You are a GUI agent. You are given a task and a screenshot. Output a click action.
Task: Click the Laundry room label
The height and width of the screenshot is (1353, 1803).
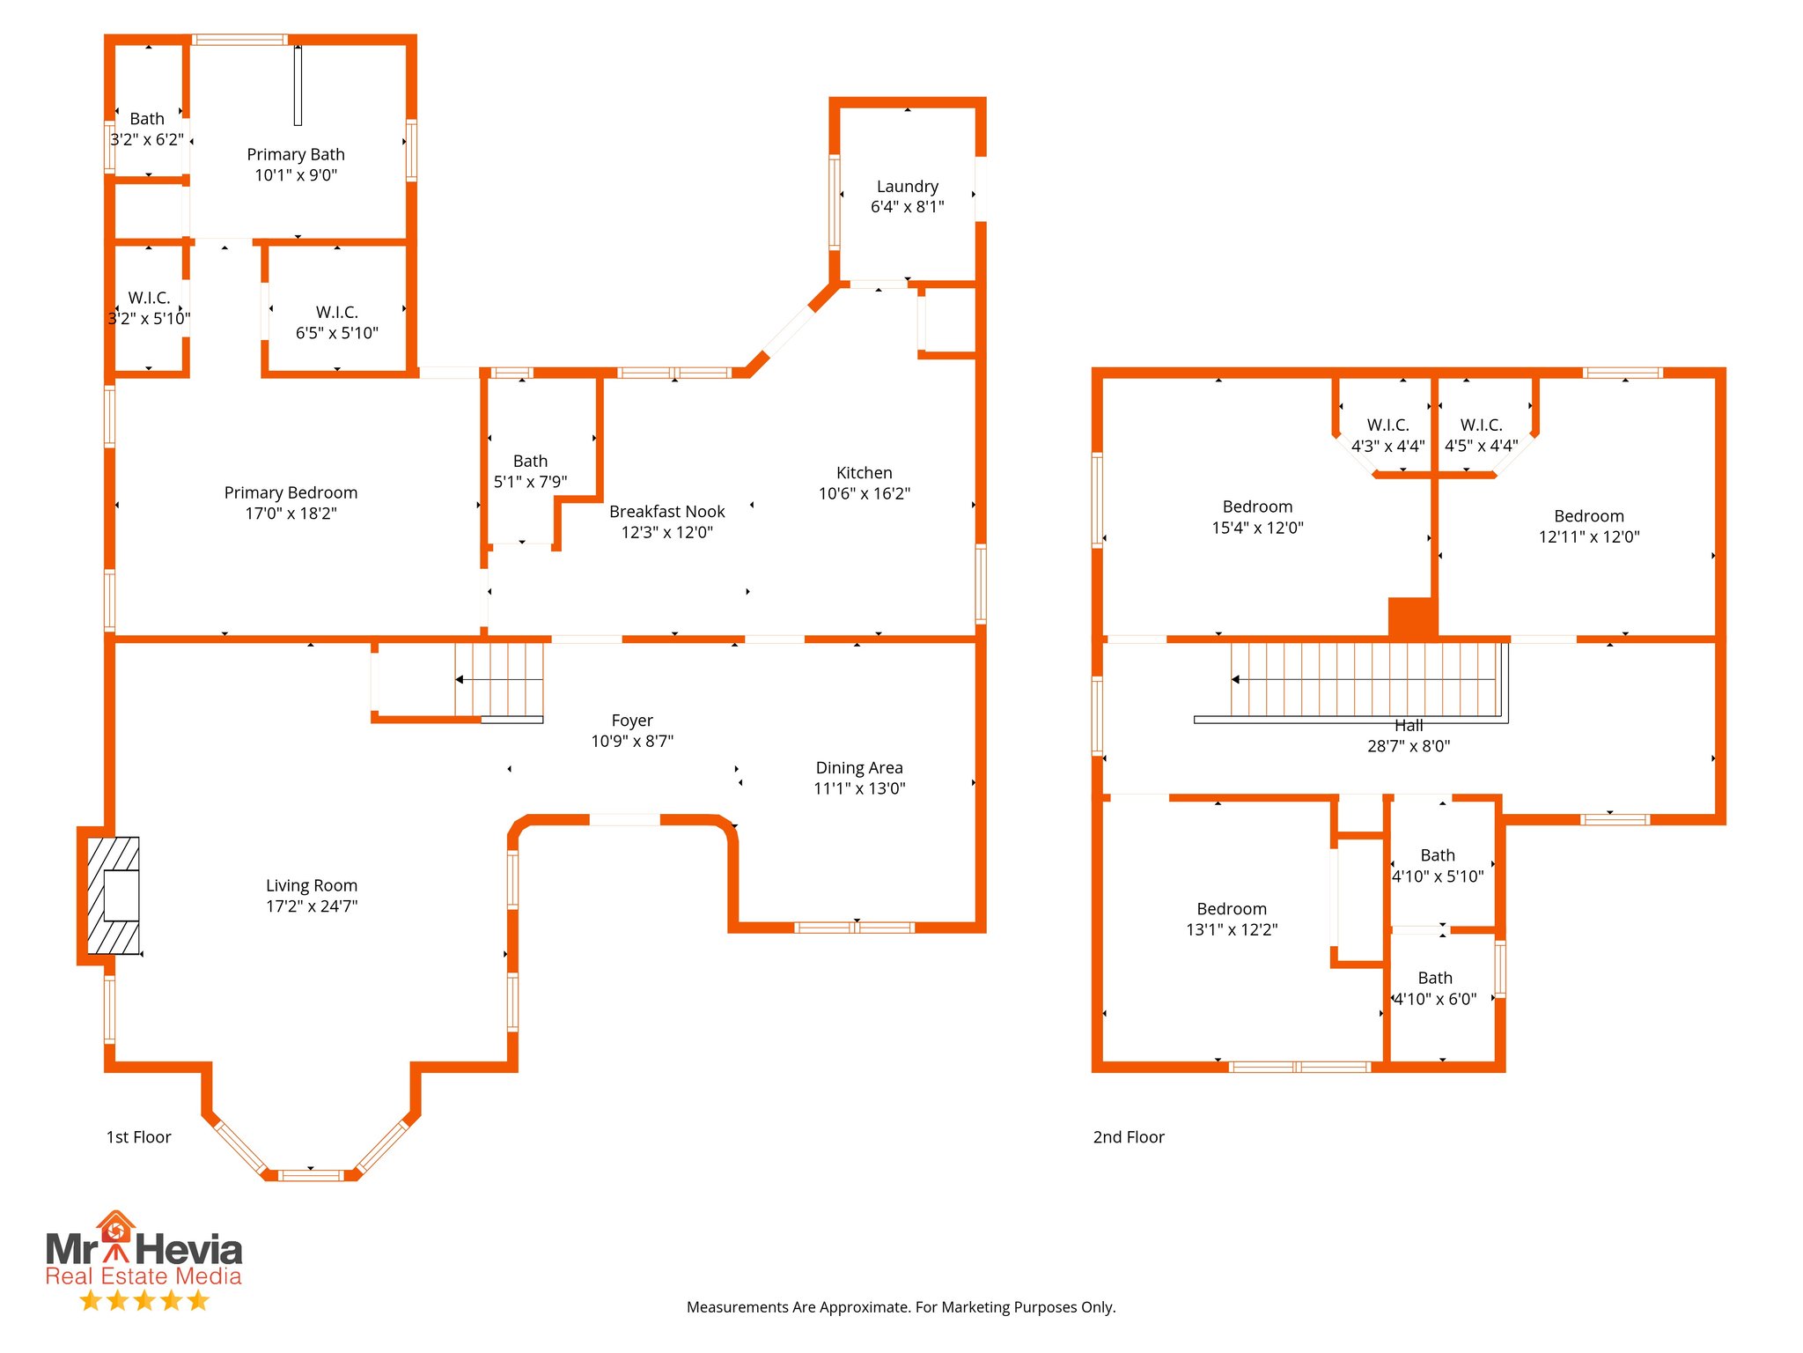click(x=907, y=187)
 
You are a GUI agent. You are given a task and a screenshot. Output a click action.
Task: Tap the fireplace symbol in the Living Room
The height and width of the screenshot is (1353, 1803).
click(x=114, y=895)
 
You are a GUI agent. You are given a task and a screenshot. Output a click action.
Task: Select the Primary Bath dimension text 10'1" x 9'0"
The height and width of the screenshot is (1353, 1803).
click(x=296, y=175)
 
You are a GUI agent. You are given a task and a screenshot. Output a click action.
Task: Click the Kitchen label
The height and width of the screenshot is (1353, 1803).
click(x=864, y=473)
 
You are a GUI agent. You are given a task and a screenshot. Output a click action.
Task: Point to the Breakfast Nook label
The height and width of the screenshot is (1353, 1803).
click(x=666, y=512)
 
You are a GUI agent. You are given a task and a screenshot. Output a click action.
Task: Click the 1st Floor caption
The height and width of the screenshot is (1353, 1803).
click(x=138, y=1137)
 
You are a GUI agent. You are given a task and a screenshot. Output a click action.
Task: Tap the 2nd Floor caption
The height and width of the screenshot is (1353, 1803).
click(x=1128, y=1137)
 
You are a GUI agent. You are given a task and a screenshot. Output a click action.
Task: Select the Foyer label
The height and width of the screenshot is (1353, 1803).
click(x=632, y=721)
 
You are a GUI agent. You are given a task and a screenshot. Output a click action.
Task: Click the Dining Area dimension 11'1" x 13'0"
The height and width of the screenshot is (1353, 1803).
click(x=859, y=788)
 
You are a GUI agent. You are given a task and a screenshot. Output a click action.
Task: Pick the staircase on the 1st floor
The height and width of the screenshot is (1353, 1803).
click(x=498, y=680)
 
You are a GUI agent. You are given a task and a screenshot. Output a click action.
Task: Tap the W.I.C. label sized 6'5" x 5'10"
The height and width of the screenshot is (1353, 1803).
click(x=337, y=313)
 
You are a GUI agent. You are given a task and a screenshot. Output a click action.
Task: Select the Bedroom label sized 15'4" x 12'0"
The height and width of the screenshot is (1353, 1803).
click(x=1257, y=507)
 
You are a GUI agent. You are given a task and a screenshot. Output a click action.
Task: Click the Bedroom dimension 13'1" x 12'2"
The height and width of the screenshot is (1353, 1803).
click(x=1232, y=929)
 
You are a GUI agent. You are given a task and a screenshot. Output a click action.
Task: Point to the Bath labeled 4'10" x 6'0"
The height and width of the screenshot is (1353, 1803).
click(x=1435, y=979)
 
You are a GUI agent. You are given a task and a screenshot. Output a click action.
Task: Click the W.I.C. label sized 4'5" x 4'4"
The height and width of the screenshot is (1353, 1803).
click(x=1481, y=425)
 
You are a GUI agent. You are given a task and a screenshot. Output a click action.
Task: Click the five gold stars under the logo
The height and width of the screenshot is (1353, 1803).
click(x=144, y=1300)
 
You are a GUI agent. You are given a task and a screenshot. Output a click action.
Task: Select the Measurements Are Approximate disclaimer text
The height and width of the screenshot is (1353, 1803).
click(x=901, y=1307)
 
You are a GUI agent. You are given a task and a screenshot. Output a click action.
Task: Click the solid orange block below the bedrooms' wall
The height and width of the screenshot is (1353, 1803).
click(x=1412, y=617)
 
